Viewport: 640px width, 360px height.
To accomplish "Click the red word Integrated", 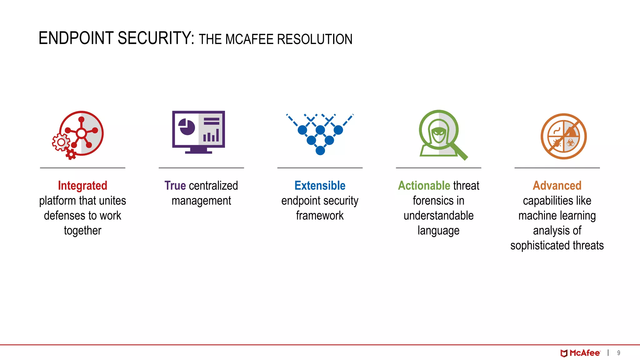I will click(82, 186).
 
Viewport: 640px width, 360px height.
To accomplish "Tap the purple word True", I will click(175, 186).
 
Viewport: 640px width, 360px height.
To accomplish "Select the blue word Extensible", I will click(320, 186).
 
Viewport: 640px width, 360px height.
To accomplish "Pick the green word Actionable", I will click(423, 186).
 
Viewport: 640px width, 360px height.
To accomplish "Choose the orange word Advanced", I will click(557, 186).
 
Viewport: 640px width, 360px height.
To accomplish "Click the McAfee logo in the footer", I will click(580, 353).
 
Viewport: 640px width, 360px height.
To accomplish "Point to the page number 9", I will click(618, 353).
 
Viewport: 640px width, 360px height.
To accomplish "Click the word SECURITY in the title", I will click(156, 38).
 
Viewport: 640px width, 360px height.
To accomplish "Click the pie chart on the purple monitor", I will click(187, 127).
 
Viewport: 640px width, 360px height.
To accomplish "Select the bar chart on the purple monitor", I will click(211, 135).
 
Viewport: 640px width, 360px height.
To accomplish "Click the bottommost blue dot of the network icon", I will click(320, 151).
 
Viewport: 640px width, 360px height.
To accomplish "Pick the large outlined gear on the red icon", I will click(61, 142).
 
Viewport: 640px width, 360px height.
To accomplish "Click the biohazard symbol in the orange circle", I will click(571, 143).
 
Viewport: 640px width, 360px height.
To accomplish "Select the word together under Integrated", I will click(82, 231).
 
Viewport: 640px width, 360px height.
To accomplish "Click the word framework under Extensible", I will click(320, 216).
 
